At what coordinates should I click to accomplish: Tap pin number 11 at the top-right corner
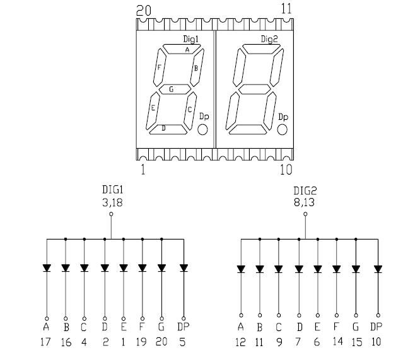[x=286, y=9]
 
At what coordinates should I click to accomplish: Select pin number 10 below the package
[x=286, y=170]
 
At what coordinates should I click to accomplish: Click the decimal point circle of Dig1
[x=203, y=129]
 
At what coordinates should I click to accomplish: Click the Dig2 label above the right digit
[x=269, y=39]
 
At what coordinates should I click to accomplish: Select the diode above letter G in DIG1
[x=162, y=267]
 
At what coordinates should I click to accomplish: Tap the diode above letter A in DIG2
[x=240, y=269]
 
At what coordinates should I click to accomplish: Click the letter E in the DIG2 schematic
[x=318, y=327]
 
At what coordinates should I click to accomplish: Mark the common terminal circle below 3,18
[x=111, y=215]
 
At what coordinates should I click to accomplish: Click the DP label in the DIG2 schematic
[x=376, y=327]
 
